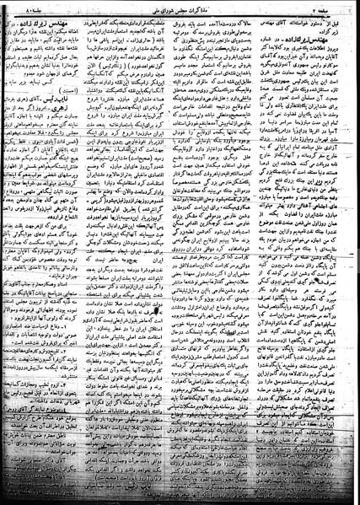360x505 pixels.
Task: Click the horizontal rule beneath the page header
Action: (x=180, y=14)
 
